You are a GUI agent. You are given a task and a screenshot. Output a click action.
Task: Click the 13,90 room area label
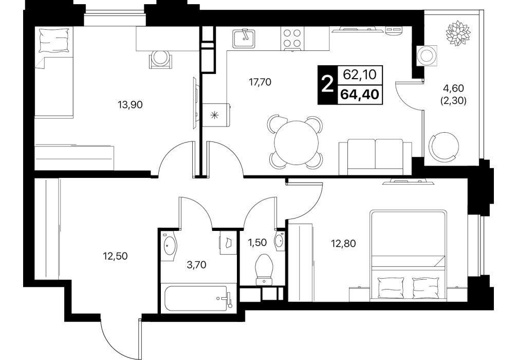tap(130, 105)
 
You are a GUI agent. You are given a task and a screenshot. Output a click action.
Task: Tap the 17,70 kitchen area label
tap(260, 82)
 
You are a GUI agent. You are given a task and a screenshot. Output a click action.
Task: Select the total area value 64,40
tap(359, 95)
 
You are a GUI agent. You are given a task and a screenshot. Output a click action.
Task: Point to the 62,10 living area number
tap(359, 75)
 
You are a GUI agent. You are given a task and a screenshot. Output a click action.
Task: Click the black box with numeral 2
tap(327, 85)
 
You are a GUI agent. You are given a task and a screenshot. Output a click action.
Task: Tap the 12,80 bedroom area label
tap(344, 244)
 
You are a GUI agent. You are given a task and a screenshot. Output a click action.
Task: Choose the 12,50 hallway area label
tap(115, 256)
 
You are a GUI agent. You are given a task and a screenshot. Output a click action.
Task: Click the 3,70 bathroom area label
tap(196, 265)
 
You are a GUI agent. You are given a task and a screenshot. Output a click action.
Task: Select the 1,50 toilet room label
tap(257, 243)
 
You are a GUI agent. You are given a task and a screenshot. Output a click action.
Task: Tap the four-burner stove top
tap(292, 39)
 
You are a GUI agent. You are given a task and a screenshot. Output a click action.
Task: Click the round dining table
tap(297, 142)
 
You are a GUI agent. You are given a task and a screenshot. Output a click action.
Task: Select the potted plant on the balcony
tap(458, 33)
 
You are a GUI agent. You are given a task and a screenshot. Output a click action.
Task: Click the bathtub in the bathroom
tap(196, 298)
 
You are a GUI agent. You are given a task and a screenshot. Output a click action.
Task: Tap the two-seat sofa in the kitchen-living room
tap(375, 157)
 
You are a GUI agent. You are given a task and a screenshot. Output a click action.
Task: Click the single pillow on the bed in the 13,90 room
tap(54, 41)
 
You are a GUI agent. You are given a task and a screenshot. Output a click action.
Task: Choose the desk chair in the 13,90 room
tap(160, 59)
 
